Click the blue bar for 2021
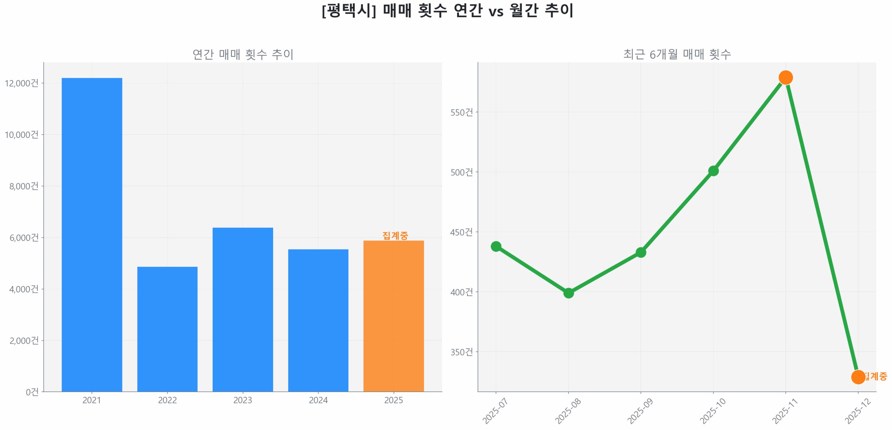pyautogui.click(x=92, y=233)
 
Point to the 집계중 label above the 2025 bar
pyautogui.click(x=395, y=235)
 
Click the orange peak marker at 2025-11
pyautogui.click(x=785, y=77)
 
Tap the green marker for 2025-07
pyautogui.click(x=495, y=246)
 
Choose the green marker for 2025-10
pyautogui.click(x=713, y=170)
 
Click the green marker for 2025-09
pyautogui.click(x=640, y=252)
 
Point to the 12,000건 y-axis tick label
pyautogui.click(x=22, y=83)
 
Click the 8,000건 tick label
pyautogui.click(x=24, y=186)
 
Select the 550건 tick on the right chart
pyautogui.click(x=461, y=112)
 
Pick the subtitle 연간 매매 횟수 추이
pyautogui.click(x=243, y=54)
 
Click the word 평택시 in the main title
pyautogui.click(x=348, y=10)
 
